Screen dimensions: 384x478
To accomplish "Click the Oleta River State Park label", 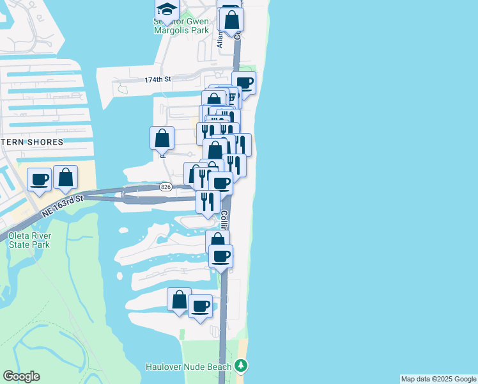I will [x=30, y=239].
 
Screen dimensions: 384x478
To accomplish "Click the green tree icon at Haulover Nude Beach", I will [x=241, y=365].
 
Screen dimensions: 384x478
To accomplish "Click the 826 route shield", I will [x=166, y=186].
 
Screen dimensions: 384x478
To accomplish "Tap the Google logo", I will [x=21, y=376].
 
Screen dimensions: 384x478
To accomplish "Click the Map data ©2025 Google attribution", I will [x=438, y=379].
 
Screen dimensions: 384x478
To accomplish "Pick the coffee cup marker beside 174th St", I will [x=243, y=83].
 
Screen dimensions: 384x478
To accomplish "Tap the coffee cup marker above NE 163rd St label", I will [x=39, y=179].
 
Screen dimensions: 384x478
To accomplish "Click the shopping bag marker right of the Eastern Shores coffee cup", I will [x=65, y=178].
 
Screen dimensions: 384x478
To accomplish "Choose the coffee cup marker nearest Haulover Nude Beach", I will [x=201, y=307].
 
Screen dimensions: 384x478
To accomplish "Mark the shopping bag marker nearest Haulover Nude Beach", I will [x=179, y=300].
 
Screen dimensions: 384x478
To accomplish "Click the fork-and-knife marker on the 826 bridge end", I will [x=208, y=202].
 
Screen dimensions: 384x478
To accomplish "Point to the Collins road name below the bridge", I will [x=224, y=221].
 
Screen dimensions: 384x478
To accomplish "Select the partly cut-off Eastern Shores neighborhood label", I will [x=32, y=142].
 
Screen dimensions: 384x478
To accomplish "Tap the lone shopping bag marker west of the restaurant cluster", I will [x=162, y=138].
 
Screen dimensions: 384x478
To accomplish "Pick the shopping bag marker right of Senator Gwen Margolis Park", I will [x=232, y=19].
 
